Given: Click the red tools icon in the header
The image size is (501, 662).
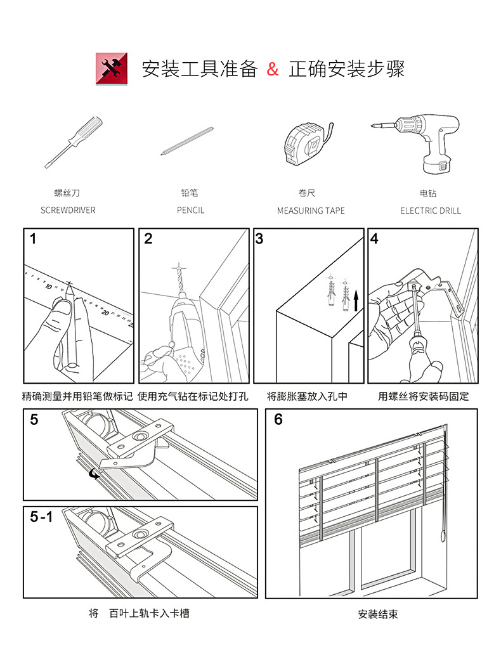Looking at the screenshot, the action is coord(111,68).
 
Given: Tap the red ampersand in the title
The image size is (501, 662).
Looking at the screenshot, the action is coord(273,69).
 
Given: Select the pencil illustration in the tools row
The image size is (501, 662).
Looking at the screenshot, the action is coord(187,141).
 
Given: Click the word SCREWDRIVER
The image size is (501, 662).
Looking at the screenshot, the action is coord(68,210).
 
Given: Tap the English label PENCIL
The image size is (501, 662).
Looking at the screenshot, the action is coord(190,210).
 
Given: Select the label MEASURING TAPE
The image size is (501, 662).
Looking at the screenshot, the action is coord(311,211).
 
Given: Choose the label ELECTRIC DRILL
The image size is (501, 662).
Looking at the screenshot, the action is coord(431,211).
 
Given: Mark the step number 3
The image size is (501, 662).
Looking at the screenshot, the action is coord(259,239).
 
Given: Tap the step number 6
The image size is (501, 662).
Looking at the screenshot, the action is coord(278,420).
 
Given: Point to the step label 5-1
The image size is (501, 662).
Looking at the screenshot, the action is coord(41,517).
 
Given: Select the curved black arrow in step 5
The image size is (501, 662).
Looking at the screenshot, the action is coord(95,473).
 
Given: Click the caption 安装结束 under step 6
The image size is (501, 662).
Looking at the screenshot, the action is coord(377,614).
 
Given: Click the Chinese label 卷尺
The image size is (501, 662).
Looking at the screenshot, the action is coord(307,193).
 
